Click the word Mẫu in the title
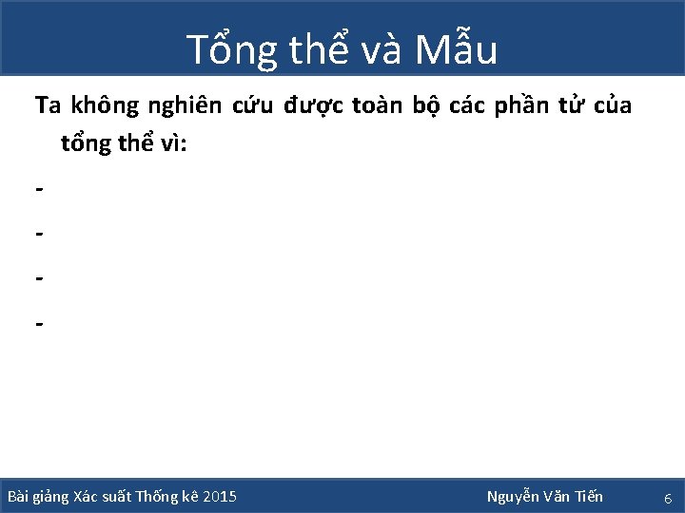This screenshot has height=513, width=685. tap(456, 49)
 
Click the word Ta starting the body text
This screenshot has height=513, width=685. tap(48, 105)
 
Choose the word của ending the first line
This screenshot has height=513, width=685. tap(613, 105)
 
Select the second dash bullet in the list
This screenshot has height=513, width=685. tap(38, 232)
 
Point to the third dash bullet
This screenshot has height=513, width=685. tap(38, 278)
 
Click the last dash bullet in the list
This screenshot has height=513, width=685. tap(38, 324)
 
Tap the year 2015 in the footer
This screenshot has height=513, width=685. tap(221, 497)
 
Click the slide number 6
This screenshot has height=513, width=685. tap(668, 498)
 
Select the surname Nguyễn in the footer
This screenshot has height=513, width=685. tap(513, 497)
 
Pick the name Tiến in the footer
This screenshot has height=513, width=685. tap(587, 497)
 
